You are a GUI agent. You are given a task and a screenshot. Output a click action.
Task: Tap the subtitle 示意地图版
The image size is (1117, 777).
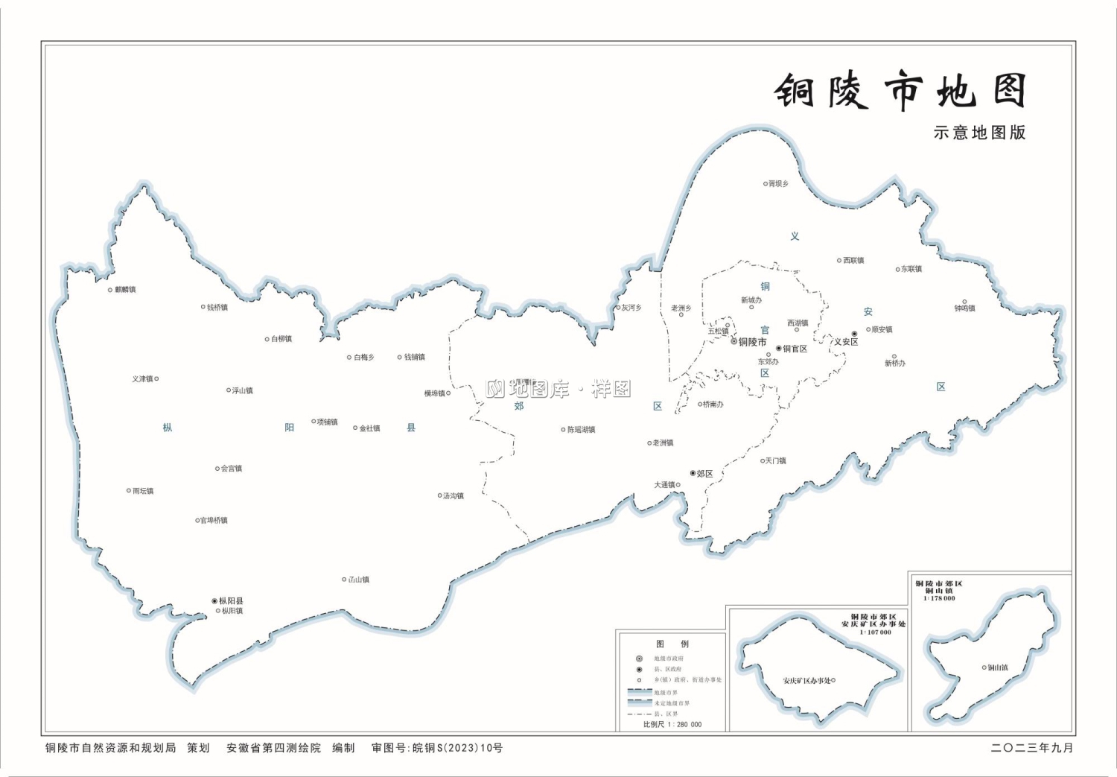[979, 133]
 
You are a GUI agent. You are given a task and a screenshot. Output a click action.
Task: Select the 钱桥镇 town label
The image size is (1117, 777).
[217, 307]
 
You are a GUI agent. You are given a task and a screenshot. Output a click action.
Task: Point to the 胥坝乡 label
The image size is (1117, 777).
[778, 183]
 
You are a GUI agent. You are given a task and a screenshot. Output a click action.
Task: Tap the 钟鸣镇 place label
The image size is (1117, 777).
[964, 308]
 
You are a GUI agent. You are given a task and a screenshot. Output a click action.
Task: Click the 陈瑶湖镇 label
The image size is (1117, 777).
[581, 430]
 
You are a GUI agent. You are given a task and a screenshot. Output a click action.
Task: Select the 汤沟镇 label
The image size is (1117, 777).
[453, 495]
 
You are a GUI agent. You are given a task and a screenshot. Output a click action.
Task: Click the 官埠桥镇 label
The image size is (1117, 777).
[214, 520]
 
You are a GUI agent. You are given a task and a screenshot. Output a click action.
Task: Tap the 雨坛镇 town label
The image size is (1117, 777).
[142, 491]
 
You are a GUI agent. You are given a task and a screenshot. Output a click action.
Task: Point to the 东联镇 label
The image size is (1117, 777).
[911, 269]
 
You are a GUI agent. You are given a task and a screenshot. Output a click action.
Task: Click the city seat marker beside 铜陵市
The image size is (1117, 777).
[733, 342]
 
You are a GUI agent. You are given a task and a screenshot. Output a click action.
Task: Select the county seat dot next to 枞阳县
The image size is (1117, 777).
[214, 600]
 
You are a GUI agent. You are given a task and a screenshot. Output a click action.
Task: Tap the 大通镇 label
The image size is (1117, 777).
[664, 485]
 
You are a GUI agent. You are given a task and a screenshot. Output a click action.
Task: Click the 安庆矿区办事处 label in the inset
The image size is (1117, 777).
[806, 680]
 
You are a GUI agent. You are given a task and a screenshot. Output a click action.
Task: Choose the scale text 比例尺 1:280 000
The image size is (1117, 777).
[672, 724]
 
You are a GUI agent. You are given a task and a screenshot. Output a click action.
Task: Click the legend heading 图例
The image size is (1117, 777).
[672, 644]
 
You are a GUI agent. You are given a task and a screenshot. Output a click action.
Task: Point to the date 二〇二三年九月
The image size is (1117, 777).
[1032, 748]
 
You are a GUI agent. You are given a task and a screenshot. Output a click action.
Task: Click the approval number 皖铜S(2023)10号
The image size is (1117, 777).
[457, 748]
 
